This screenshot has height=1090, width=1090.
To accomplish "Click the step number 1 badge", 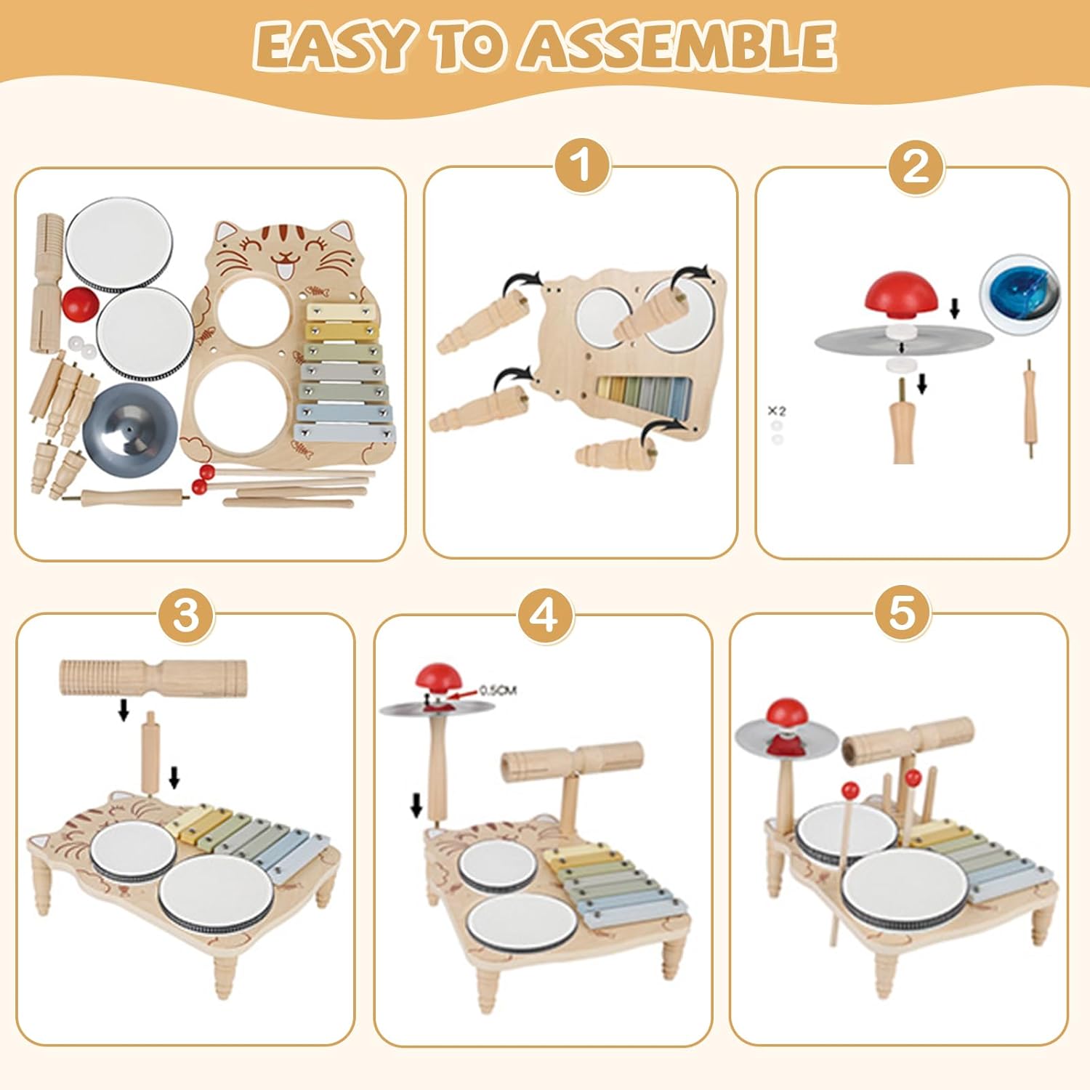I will (x=581, y=166).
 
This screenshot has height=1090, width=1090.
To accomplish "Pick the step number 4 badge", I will (x=545, y=615).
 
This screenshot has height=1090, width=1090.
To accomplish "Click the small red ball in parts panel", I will (x=78, y=303).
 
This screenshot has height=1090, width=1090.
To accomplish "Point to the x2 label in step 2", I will (x=776, y=411).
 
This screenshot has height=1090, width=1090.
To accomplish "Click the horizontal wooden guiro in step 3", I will (x=153, y=675).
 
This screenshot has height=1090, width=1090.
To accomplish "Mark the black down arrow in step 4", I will (x=416, y=804).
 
